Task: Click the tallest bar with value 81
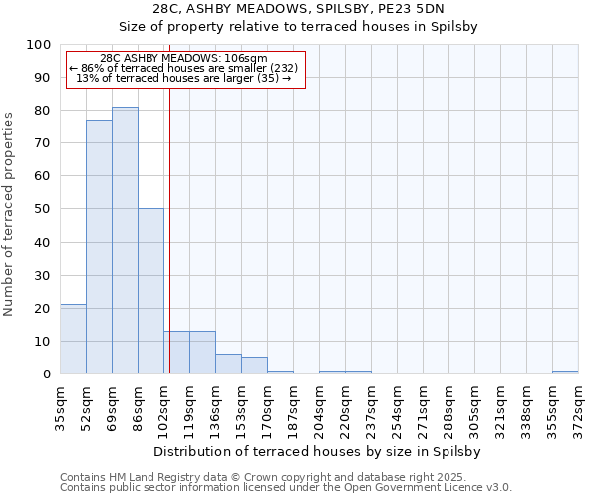[125, 240]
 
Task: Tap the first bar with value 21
[73, 339]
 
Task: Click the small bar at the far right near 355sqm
[565, 372]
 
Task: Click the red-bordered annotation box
[184, 69]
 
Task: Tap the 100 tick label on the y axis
[39, 45]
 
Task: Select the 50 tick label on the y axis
[43, 209]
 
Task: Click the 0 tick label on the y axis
[47, 374]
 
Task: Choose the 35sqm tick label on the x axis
[61, 406]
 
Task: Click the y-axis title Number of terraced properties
[10, 214]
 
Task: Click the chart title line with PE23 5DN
[298, 9]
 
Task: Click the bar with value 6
[228, 364]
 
